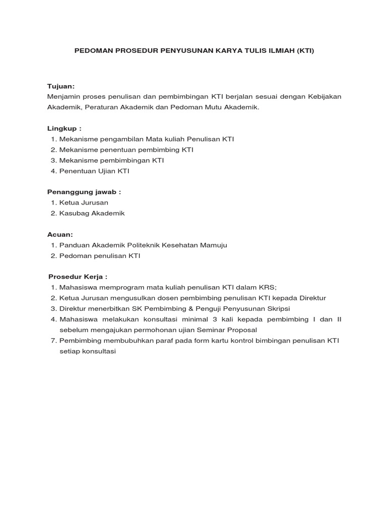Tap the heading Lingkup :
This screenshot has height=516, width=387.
click(64, 128)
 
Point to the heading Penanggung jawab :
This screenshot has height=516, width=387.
click(84, 192)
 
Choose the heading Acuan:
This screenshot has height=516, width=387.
click(60, 234)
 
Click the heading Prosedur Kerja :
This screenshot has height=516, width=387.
click(78, 277)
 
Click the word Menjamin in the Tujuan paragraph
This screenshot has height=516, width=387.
click(62, 97)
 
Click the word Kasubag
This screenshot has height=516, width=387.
click(74, 213)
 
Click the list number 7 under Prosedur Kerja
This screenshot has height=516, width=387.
click(53, 341)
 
